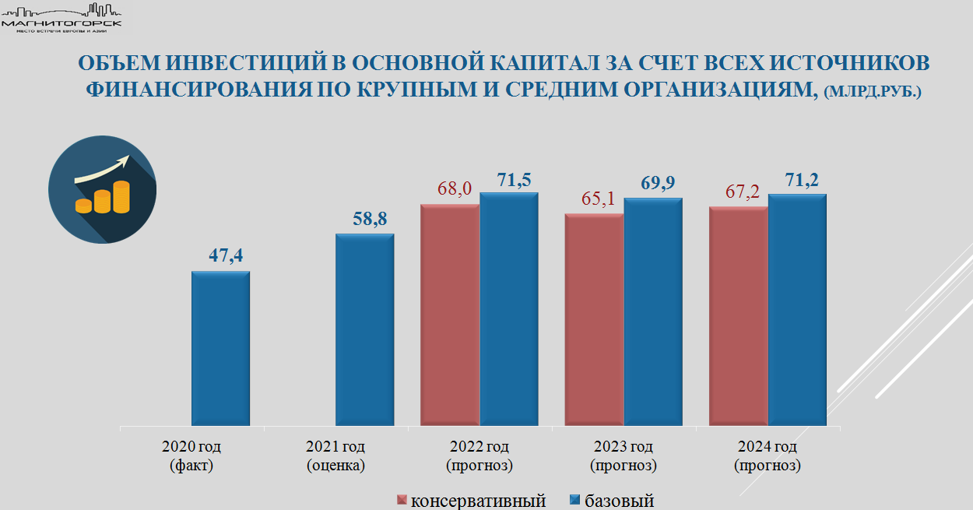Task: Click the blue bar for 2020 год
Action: point(221,349)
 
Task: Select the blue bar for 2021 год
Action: point(365,330)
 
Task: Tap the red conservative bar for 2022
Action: point(450,315)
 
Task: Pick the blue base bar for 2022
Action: point(509,309)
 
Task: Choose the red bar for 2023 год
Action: point(594,320)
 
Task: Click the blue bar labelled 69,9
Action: point(653,312)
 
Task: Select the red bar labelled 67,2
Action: point(738,317)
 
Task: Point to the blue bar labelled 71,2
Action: point(797,310)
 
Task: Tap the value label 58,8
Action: point(371,219)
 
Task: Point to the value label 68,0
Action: point(455,189)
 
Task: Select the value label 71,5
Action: point(515,180)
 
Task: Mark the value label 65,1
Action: point(599,199)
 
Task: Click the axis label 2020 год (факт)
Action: point(191,456)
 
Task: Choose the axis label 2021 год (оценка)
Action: point(335,456)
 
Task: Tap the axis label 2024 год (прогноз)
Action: point(768,456)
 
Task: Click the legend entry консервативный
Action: point(471,501)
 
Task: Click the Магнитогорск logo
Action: point(62,17)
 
